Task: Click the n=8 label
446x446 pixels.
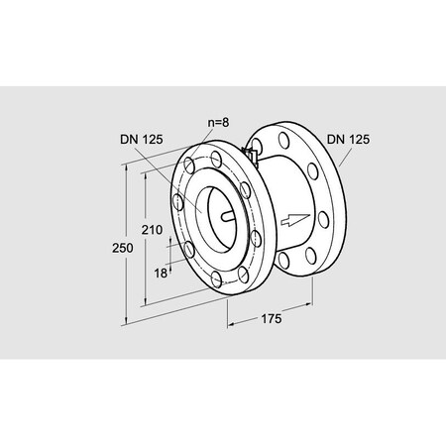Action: point(218,123)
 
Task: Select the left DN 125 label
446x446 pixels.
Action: point(142,140)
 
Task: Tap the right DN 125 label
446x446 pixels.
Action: point(348,140)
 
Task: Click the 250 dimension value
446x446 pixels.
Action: point(123,248)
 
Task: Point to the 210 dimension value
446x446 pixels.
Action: point(152,230)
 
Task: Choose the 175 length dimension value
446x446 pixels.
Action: point(272,319)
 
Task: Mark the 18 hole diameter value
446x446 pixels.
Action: point(161,274)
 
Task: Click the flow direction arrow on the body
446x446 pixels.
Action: point(295,220)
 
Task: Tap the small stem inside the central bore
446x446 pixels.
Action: point(227,216)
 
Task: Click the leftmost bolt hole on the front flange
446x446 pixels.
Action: point(178,202)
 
